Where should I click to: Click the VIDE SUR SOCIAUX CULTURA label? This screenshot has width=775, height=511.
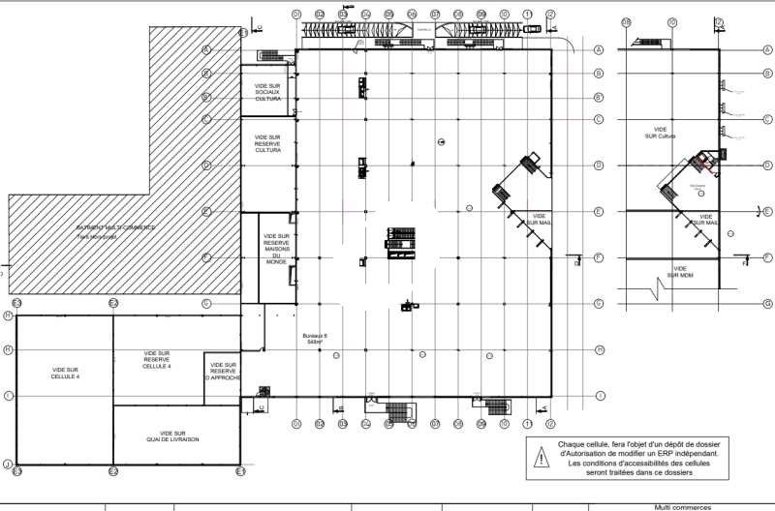pos(267,92)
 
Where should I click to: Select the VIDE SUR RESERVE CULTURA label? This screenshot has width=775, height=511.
pos(267,144)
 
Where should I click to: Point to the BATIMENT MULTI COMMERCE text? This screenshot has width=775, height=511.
pos(115,228)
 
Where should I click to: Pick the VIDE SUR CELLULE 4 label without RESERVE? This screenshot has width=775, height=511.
pos(66,374)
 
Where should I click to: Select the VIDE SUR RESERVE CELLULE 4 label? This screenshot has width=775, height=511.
pos(156,359)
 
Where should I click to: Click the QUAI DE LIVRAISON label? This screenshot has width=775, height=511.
pos(176,436)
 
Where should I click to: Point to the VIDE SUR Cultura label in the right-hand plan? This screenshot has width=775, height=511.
pos(661,133)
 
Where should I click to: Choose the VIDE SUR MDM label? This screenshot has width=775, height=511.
pos(680,271)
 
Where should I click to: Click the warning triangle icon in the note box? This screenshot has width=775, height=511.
pos(539,458)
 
